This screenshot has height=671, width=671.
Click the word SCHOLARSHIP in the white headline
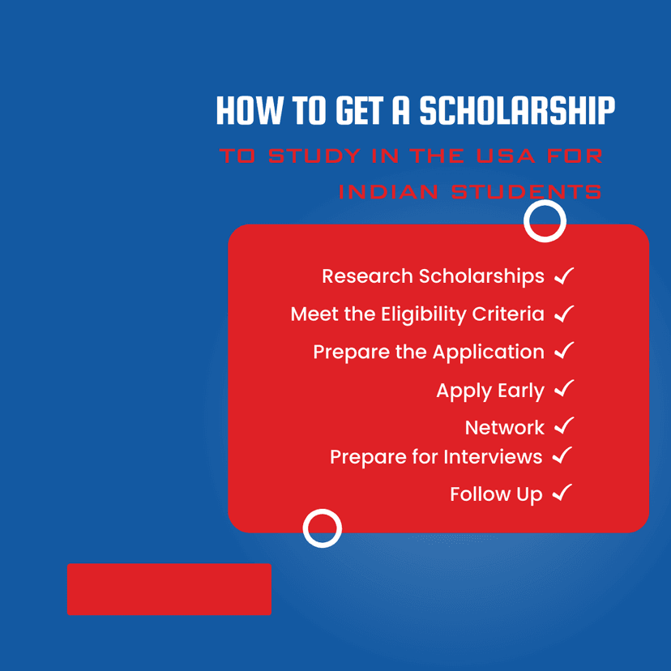click(517, 110)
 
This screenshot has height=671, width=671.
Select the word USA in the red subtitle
click(506, 156)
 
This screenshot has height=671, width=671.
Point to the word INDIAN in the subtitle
click(388, 191)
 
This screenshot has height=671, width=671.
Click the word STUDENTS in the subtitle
click(527, 191)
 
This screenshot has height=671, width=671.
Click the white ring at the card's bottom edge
click(323, 510)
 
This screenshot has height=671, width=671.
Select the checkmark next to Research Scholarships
click(564, 276)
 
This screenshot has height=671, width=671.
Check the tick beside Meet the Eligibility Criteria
click(564, 314)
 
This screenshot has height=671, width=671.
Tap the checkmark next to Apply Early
click(564, 388)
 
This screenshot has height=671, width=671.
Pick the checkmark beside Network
click(564, 425)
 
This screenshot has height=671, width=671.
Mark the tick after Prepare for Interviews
click(562, 455)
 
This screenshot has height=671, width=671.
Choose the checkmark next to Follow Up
click(562, 493)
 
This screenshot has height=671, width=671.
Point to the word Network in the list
click(505, 428)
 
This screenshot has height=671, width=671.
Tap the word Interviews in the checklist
click(493, 456)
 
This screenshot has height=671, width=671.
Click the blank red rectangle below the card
click(169, 589)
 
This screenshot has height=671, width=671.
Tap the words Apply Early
click(490, 391)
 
